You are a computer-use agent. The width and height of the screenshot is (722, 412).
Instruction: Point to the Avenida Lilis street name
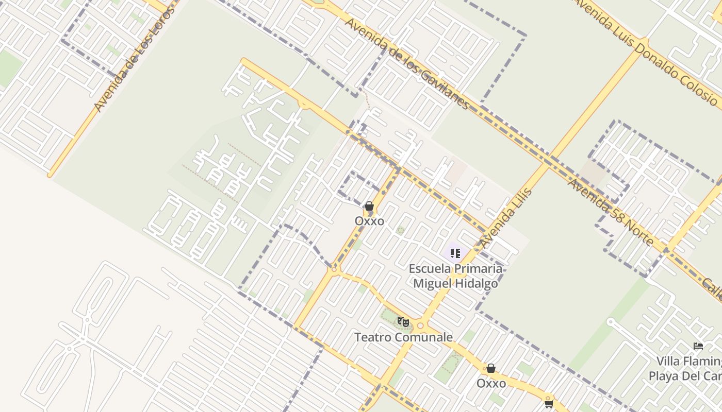coord(506,218)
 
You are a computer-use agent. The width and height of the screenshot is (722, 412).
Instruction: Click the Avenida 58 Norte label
coord(611,212)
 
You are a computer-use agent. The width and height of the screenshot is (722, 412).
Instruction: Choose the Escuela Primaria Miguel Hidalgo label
coord(455,276)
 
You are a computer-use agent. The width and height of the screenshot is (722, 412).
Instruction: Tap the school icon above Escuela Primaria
coord(455,253)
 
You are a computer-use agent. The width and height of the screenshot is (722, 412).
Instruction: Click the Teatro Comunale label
coord(403,337)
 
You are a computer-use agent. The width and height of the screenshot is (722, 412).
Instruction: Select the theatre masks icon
coord(403,322)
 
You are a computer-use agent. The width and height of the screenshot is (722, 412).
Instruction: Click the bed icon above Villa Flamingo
coord(698,346)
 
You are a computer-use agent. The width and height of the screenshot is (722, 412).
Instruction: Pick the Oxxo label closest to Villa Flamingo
coord(491,383)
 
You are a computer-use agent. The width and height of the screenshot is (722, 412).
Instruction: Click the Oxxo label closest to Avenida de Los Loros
coord(369,221)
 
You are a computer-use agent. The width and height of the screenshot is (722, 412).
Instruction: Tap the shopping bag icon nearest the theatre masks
coord(491,368)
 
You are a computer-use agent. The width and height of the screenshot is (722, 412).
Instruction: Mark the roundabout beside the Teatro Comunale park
coord(420,325)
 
